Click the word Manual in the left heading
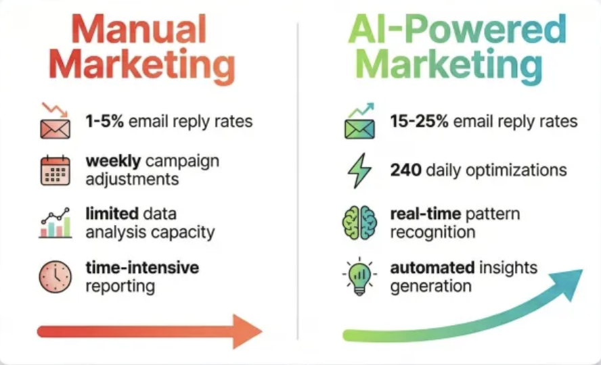138,31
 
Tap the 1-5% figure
103,122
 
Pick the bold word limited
111,214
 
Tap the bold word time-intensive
142,268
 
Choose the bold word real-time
425,214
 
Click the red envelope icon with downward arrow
55,122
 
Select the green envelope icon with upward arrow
360,122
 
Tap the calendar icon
55,170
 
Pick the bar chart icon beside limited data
55,223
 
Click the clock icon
55,276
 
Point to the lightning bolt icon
359,170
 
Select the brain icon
359,223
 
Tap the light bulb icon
359,276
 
